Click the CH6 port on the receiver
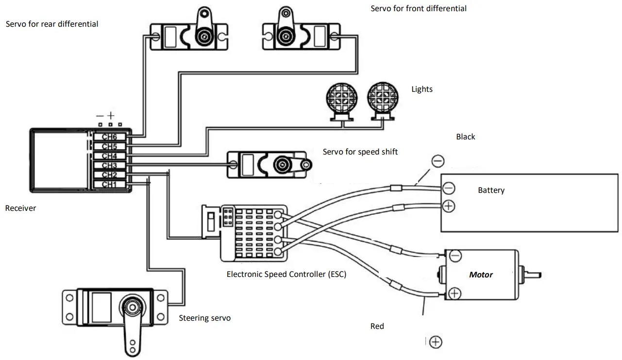(x=110, y=137)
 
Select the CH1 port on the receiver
(x=110, y=184)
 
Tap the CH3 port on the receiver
(x=110, y=166)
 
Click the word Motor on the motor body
(x=481, y=275)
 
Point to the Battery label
(x=491, y=190)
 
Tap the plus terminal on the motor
(x=454, y=293)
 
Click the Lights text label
(x=421, y=89)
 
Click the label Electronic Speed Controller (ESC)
(x=286, y=274)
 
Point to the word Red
(x=377, y=326)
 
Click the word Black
(x=465, y=137)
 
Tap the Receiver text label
(x=20, y=208)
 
